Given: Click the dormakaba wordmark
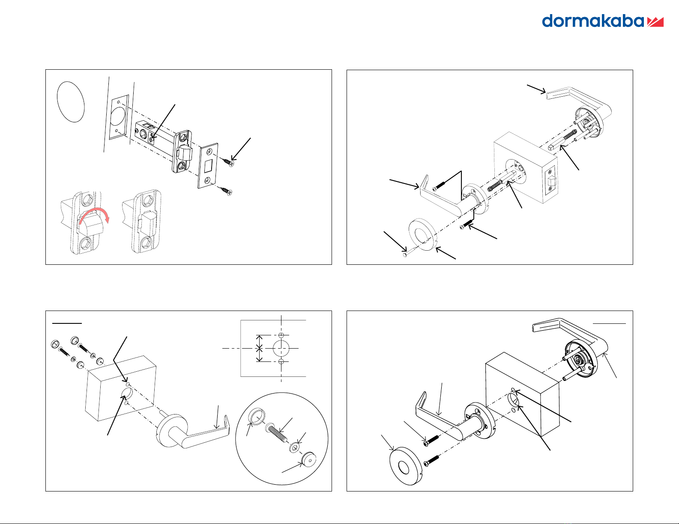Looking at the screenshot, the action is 593,21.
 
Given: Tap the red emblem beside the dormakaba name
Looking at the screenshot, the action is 655,22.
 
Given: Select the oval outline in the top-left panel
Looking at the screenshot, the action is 71,102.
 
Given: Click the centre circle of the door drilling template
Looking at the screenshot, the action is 281,348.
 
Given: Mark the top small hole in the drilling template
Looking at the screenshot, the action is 281,335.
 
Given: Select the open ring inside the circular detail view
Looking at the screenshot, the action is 257,416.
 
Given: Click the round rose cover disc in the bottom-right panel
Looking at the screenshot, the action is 406,467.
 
